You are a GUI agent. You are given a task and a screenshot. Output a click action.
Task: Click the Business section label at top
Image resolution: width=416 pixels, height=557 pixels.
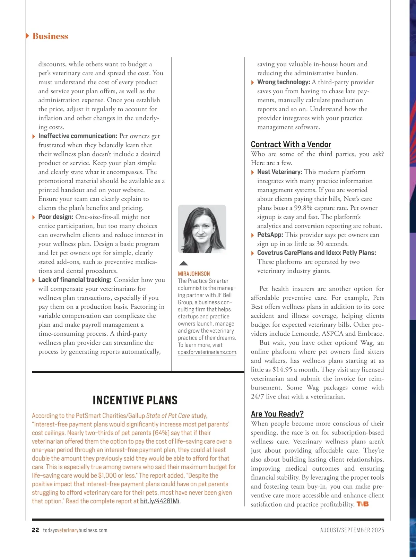click(x=50, y=36)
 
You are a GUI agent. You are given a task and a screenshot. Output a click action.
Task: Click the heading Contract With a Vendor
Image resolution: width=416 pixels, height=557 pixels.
click(x=291, y=144)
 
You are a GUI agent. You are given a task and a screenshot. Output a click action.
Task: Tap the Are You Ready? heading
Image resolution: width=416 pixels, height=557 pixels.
click(x=277, y=414)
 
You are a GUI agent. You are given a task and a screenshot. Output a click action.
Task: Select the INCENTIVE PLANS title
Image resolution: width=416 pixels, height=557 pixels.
click(x=135, y=400)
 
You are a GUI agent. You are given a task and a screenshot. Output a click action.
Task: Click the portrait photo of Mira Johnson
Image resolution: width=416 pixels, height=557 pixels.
click(x=202, y=229)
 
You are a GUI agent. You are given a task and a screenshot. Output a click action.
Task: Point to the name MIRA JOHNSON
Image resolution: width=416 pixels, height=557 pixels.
click(x=194, y=274)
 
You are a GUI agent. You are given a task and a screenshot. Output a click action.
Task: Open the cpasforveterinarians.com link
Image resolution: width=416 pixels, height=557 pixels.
click(x=207, y=352)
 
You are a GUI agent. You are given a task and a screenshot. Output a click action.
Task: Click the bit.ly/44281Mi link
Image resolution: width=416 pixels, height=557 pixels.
click(x=159, y=501)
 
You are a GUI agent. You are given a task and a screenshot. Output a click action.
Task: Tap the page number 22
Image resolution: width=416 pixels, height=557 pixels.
click(x=35, y=530)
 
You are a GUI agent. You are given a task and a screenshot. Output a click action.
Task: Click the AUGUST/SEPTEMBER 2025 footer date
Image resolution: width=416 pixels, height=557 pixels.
click(x=352, y=530)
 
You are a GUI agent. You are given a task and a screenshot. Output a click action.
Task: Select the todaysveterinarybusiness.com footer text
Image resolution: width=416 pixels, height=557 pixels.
click(x=75, y=530)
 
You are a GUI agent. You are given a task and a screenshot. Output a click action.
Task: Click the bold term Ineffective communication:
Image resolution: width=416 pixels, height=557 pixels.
click(x=78, y=136)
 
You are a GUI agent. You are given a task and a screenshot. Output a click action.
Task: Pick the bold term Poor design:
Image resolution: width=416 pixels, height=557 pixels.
click(x=56, y=217)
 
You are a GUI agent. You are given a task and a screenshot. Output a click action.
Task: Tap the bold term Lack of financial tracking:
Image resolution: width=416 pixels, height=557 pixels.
click(x=75, y=280)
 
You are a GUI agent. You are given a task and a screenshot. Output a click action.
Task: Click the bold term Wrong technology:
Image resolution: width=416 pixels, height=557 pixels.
click(x=283, y=82)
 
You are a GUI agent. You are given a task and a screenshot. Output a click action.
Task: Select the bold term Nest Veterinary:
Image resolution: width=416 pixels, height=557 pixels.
click(x=279, y=172)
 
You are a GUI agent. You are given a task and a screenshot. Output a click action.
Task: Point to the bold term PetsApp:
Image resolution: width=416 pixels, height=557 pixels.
click(x=270, y=235)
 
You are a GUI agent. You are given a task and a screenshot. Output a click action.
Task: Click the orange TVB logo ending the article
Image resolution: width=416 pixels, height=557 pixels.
click(x=362, y=504)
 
